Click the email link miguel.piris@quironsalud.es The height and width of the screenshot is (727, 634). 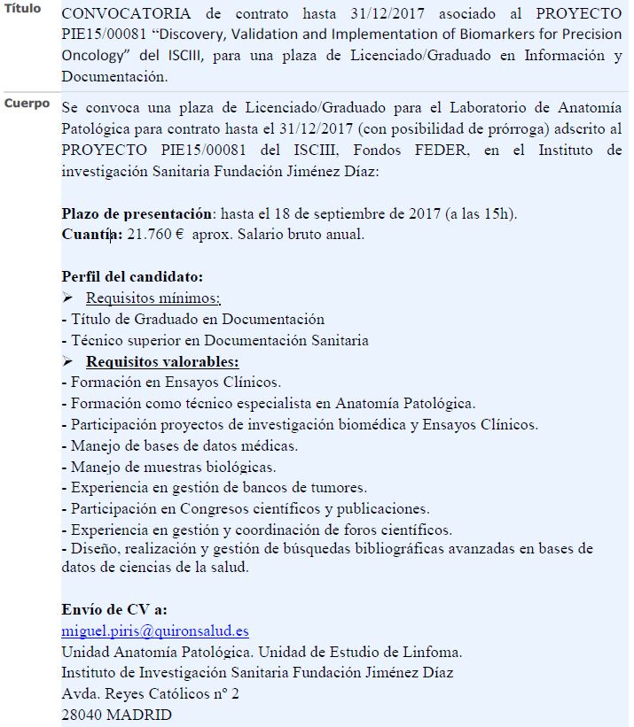(155, 631)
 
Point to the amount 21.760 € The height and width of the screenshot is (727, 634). (160, 235)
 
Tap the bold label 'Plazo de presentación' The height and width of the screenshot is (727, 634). (137, 214)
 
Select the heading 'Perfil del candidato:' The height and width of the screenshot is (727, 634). (132, 276)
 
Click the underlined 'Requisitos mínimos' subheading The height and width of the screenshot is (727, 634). (153, 298)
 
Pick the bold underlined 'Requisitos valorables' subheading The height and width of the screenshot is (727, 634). (162, 362)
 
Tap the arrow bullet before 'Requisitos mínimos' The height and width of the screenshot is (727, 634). (67, 298)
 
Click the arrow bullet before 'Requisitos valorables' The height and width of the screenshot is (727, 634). (67, 362)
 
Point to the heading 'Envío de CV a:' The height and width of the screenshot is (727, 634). (114, 610)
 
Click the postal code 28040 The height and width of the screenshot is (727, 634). (83, 715)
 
